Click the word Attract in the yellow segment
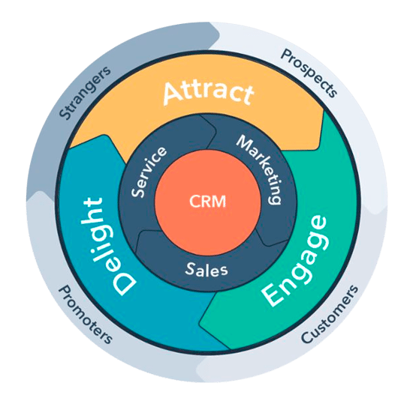tap(207, 93)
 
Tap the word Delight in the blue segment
tap(104, 244)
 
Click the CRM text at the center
tap(206, 201)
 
